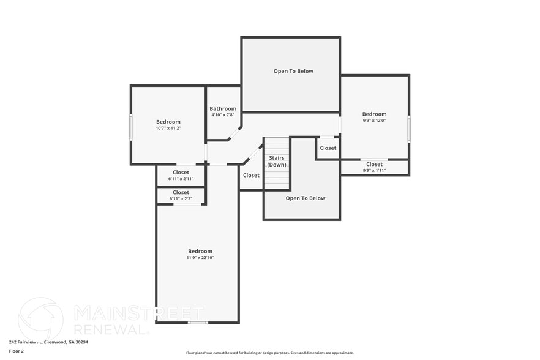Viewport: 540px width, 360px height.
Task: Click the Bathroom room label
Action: tap(223, 109)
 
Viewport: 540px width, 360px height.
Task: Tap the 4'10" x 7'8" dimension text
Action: tap(223, 115)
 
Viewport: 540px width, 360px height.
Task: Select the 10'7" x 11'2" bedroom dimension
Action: tap(168, 128)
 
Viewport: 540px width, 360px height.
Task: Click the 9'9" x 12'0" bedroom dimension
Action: tap(374, 121)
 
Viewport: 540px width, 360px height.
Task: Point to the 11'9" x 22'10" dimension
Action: tap(200, 258)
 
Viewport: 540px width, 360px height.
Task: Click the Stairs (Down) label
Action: tap(277, 161)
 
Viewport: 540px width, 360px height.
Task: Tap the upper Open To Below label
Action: tap(293, 71)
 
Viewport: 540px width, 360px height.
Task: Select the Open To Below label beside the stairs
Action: tap(306, 198)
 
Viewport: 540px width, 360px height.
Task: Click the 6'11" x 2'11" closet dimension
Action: tap(181, 179)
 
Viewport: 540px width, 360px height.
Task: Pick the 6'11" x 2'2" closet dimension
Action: tap(181, 198)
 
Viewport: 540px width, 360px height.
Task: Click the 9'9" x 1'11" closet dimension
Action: tap(374, 170)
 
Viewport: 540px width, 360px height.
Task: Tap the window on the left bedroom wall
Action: tap(130, 127)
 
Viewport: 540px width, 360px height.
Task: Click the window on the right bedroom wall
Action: tap(409, 129)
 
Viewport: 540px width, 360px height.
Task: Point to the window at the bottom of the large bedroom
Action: tap(198, 323)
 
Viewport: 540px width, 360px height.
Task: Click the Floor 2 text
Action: tap(17, 351)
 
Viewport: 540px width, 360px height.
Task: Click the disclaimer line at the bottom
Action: tap(269, 353)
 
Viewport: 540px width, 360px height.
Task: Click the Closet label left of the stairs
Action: tap(251, 175)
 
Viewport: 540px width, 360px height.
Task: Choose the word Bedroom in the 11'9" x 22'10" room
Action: tap(200, 251)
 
